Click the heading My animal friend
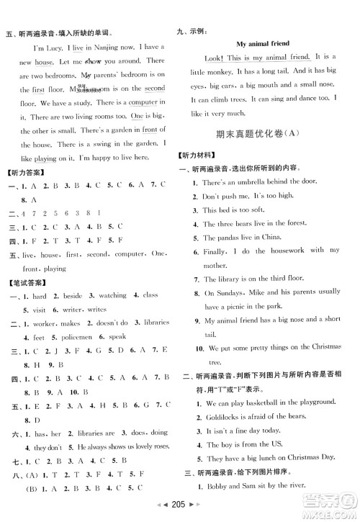[262, 44]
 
